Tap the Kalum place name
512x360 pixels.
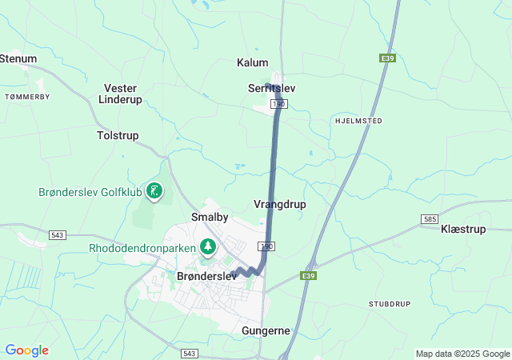253,62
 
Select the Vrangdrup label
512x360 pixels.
279,205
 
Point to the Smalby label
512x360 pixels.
210,217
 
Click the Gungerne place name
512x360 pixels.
266,330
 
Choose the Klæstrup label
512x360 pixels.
463,229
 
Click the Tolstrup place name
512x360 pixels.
118,136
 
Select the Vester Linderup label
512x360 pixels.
120,94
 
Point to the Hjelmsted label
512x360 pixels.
357,120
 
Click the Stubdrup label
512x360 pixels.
390,304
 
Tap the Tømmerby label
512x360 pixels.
27,96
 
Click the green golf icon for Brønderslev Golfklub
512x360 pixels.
154,190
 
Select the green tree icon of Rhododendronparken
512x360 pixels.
208,246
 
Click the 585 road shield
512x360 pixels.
430,218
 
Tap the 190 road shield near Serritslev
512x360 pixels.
278,104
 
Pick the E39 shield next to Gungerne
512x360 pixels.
310,275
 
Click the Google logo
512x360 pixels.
26,350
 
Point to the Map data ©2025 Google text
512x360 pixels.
462,354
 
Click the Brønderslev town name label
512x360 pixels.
206,275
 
